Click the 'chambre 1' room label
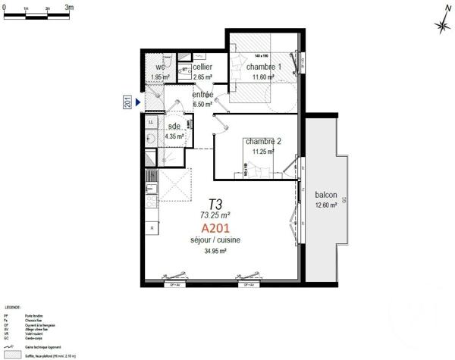point(262,67)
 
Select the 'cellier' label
point(202,67)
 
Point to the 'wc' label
point(160,67)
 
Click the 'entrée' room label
point(202,95)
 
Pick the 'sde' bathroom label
point(174,127)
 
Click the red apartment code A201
point(215,227)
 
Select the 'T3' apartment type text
point(215,204)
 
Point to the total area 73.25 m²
point(215,214)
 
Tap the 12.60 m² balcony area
point(328,203)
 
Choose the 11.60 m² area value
point(262,77)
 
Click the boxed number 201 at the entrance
point(128,102)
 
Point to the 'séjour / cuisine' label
point(215,240)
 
